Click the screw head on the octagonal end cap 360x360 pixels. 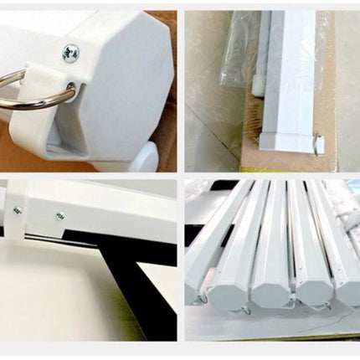pos(71,53)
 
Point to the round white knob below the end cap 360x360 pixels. pos(142,157)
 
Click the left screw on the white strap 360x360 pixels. pos(18,210)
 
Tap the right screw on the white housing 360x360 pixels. pos(59,215)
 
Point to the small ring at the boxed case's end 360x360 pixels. pos(319,144)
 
